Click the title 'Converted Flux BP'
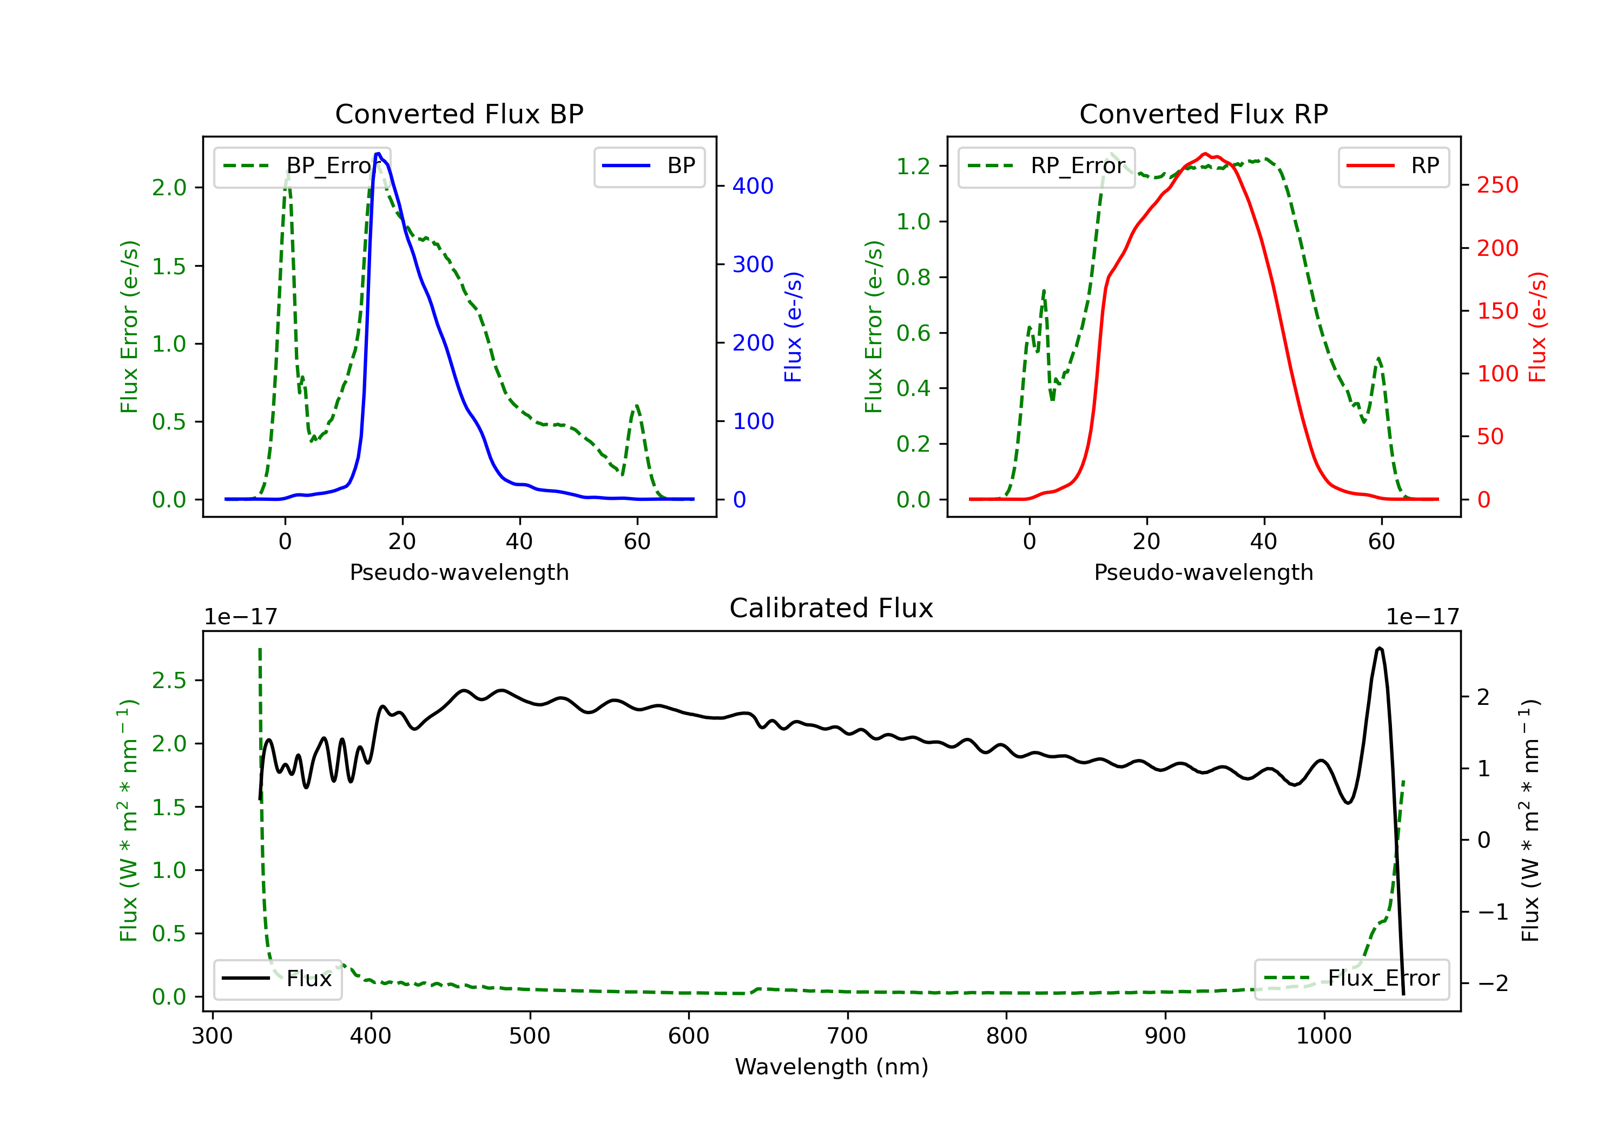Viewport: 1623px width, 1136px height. point(459,114)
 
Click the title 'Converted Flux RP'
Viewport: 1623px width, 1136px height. point(1203,114)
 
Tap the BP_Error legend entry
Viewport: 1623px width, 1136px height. point(302,166)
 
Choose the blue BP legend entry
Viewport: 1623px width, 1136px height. point(649,166)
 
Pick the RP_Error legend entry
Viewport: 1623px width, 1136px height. point(1046,166)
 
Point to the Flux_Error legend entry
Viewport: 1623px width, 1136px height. point(1351,979)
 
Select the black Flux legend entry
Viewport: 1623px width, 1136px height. point(278,979)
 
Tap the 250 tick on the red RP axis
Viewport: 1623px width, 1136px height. point(1497,185)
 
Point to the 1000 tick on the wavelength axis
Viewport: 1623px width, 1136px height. point(1323,1036)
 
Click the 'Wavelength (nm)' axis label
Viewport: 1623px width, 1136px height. point(832,1067)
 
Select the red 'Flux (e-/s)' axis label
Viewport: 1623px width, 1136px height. point(1538,327)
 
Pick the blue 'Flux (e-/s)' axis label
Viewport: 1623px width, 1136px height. point(793,327)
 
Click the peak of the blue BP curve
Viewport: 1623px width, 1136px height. point(378,154)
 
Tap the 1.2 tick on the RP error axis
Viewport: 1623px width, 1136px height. point(913,166)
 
